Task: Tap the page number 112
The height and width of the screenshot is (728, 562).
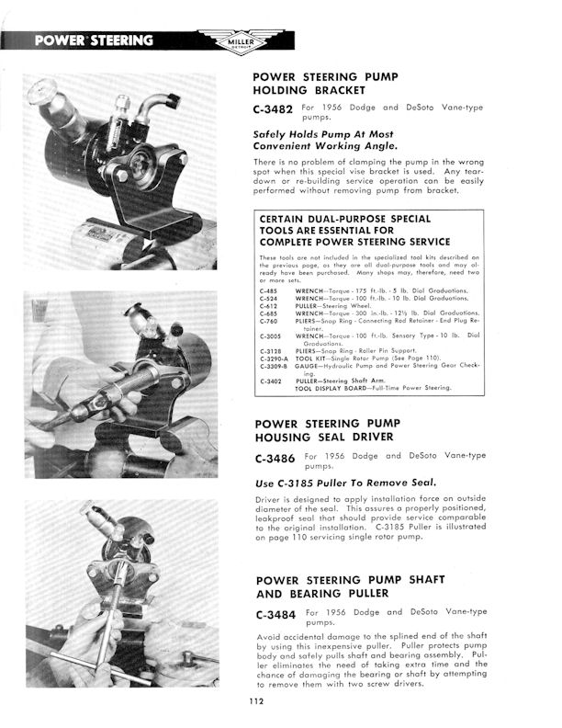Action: click(x=255, y=704)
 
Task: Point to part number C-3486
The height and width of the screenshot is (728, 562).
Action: click(x=273, y=458)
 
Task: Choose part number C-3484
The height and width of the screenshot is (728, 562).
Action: click(x=273, y=613)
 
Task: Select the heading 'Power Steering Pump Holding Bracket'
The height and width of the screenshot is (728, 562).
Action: click(x=317, y=84)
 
